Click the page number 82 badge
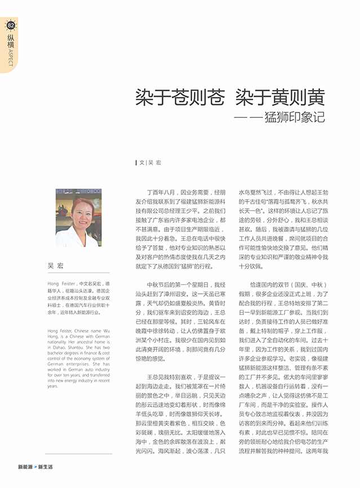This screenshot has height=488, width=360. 10,25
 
